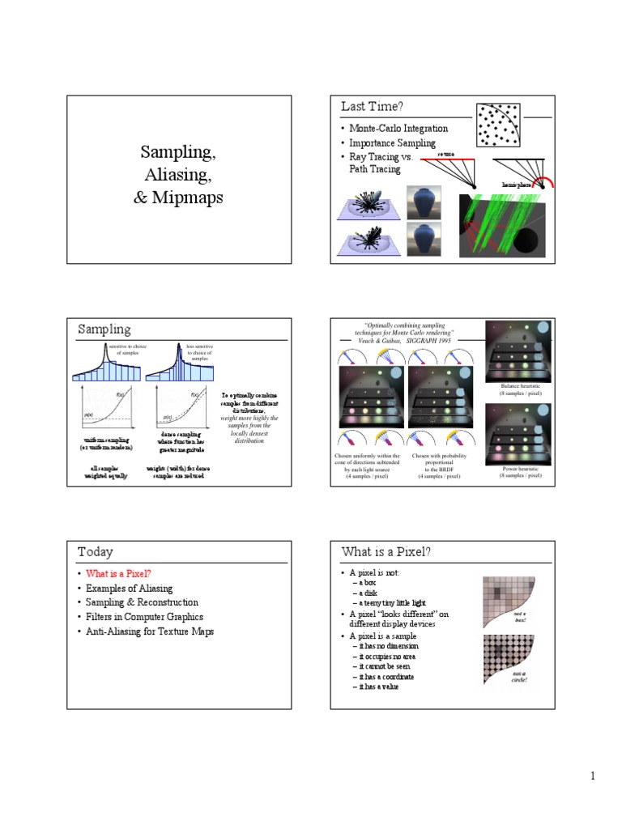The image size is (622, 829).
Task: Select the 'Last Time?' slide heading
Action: pyautogui.click(x=372, y=107)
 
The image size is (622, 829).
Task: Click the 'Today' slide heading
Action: pyautogui.click(x=96, y=551)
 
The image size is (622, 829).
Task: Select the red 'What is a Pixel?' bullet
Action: pyautogui.click(x=119, y=573)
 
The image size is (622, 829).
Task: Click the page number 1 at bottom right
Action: pyautogui.click(x=592, y=776)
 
